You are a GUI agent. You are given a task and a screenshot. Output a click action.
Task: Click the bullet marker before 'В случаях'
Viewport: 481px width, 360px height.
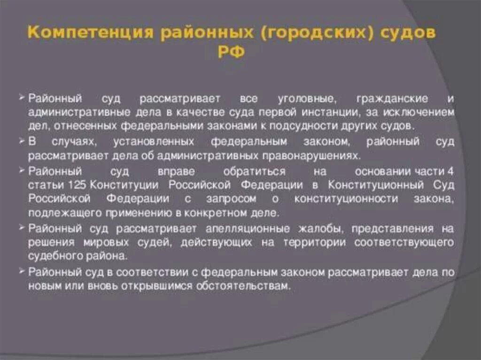tap(23, 141)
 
